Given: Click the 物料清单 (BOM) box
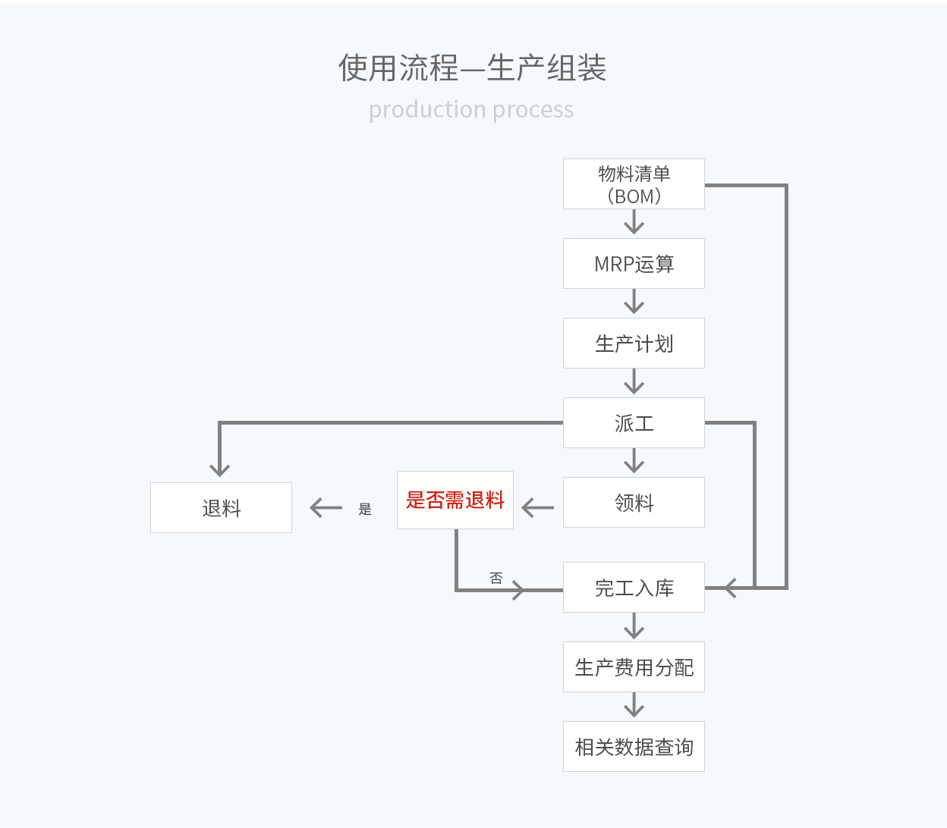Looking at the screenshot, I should pos(634,184).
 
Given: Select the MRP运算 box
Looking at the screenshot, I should pos(634,264).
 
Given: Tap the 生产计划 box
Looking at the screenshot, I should pos(634,343).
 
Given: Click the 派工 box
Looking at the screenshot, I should pos(634,423).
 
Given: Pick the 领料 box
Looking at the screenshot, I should pos(634,503).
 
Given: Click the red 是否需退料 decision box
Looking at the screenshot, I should pos(455,500).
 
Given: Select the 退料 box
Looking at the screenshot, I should pos(221,508).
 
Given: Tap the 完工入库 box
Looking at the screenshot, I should pos(634,588).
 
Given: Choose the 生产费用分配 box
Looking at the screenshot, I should pos(634,667).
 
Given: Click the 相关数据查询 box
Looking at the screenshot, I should pos(634,747).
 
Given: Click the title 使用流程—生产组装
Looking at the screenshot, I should pos(472,68).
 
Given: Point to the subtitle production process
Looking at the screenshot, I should pos(471,110).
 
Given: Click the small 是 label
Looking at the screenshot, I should pos(365,509).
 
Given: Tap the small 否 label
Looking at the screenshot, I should pos(496,578).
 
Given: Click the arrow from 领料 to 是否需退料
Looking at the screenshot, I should pos(538,508).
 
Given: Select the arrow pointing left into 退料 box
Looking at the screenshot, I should pos(326,508).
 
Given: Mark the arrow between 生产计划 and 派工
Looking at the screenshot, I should pos(634,382).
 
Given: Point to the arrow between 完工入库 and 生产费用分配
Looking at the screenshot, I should pos(634,627).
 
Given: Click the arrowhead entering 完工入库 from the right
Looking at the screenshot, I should pos(730,588).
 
